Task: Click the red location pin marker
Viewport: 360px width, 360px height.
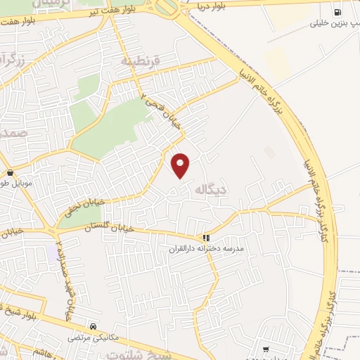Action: (181, 165)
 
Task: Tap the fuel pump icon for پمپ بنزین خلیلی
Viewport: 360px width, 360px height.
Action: (338, 12)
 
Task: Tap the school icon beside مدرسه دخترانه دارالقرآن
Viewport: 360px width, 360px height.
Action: (206, 238)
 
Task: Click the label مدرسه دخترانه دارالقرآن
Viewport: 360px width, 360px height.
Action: (205, 250)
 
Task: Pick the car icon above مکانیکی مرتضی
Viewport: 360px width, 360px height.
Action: (94, 326)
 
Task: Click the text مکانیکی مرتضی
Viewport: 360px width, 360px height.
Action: (92, 338)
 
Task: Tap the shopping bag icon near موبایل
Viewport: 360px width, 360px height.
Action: (9, 172)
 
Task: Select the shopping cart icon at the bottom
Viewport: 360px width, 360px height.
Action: (265, 349)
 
